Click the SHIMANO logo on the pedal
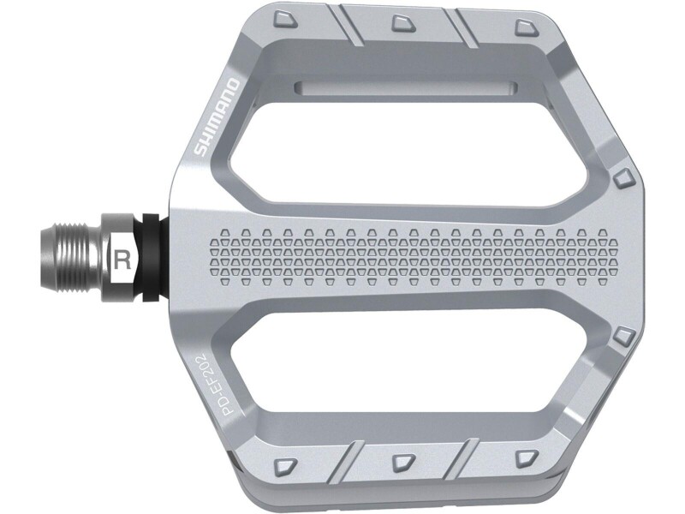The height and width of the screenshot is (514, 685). [217, 117]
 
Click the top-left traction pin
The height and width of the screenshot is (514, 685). [285, 20]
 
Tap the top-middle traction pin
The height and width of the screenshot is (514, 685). [403, 23]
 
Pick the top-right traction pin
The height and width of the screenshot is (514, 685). [527, 27]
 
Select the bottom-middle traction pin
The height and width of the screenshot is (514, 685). [403, 463]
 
